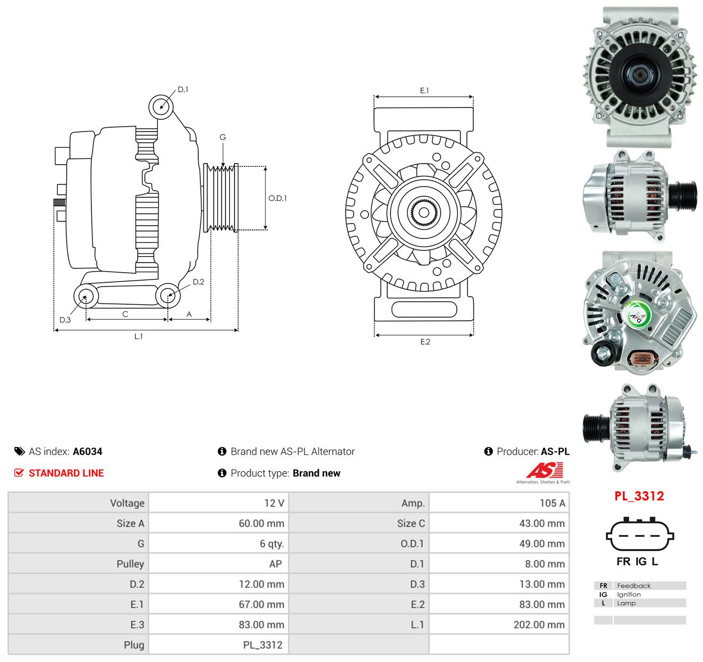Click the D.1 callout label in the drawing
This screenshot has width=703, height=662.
click(183, 90)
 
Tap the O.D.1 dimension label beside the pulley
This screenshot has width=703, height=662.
click(277, 198)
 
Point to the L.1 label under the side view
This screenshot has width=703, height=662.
click(138, 336)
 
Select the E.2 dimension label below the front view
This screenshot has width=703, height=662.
click(425, 342)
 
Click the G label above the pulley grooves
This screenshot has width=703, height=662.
click(223, 137)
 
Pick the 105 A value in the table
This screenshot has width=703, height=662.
click(552, 503)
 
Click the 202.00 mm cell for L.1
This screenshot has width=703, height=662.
click(539, 625)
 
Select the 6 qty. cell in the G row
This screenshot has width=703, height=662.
click(272, 543)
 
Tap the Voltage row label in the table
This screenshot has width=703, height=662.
click(127, 503)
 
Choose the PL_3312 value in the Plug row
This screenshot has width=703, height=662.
click(263, 645)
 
